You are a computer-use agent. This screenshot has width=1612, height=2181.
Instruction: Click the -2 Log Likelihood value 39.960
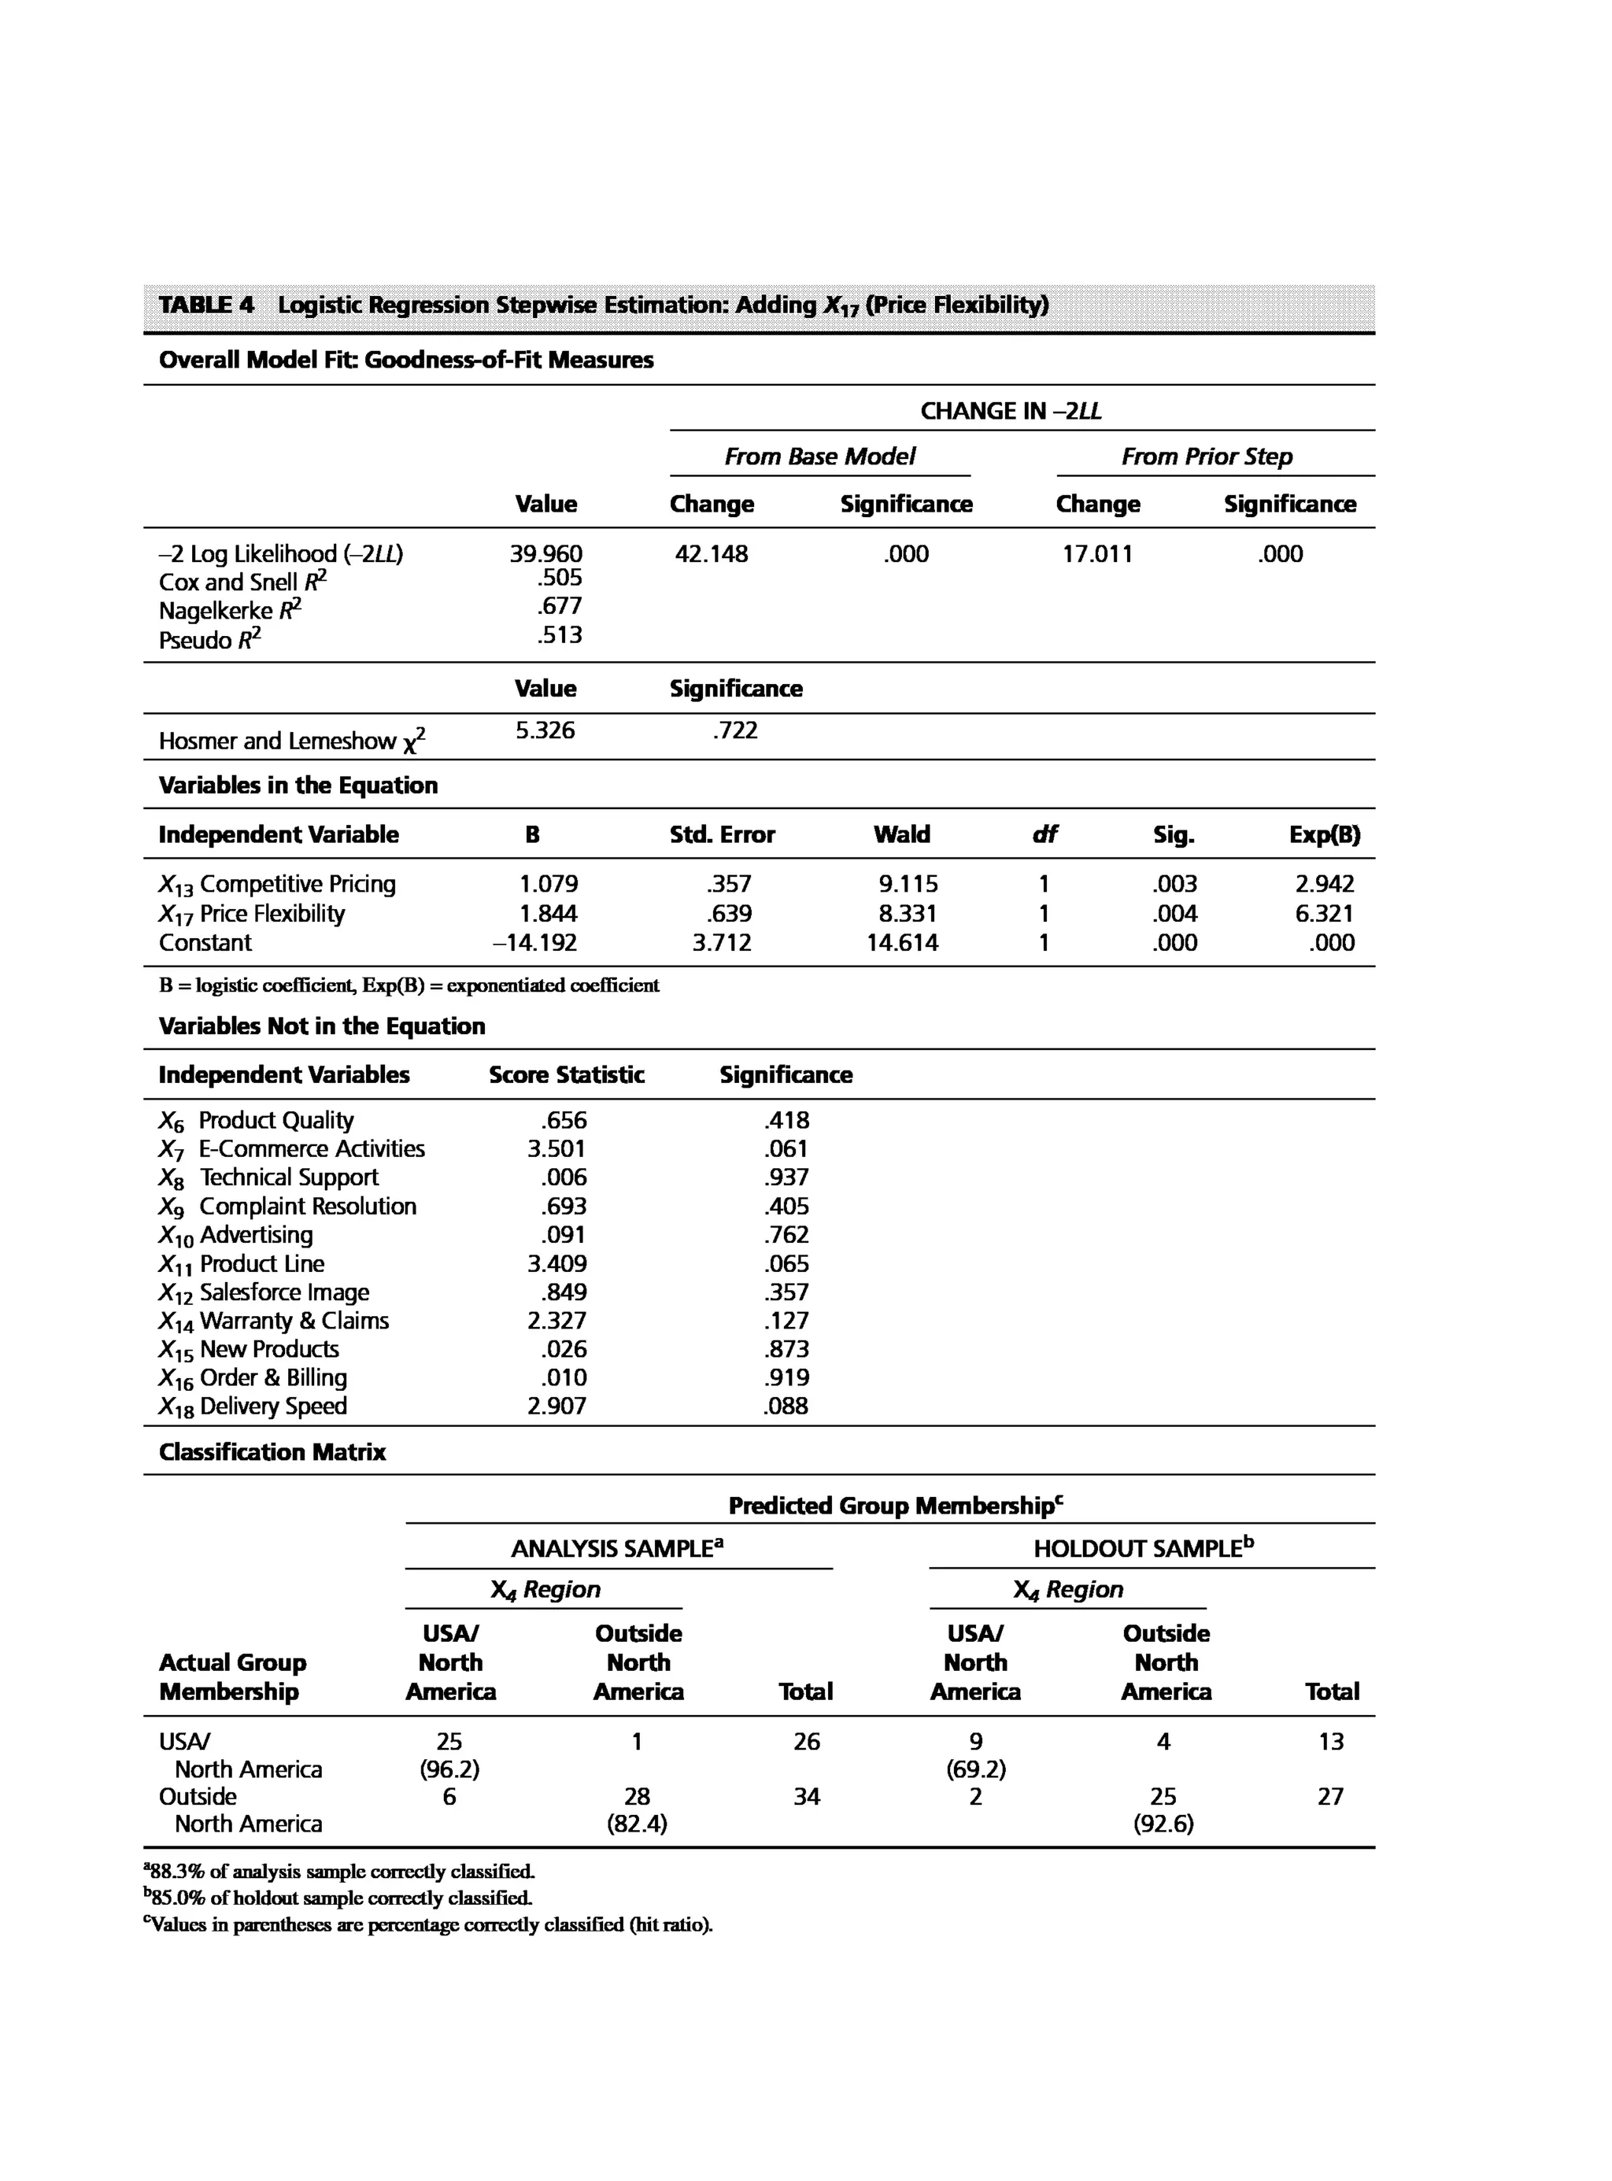pos(545,554)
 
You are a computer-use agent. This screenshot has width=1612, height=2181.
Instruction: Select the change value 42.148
pos(712,554)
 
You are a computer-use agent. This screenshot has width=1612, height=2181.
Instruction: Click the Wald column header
pos(901,834)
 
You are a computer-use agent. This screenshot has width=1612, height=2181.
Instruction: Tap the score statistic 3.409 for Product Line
pos(557,1264)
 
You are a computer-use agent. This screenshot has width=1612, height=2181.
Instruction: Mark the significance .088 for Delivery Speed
pos(786,1407)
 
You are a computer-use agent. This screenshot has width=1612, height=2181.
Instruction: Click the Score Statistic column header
pos(566,1074)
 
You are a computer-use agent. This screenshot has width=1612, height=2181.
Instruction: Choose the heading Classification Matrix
pos(272,1452)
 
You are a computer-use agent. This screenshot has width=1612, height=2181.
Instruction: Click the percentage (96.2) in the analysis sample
pos(449,1769)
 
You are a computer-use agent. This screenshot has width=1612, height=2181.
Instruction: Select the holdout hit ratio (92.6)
pos(1163,1824)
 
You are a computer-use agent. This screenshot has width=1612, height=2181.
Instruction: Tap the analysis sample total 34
pos(806,1797)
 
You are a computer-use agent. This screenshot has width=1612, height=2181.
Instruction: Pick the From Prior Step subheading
pos(1206,457)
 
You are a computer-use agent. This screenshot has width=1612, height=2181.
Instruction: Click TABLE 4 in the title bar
pos(206,305)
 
